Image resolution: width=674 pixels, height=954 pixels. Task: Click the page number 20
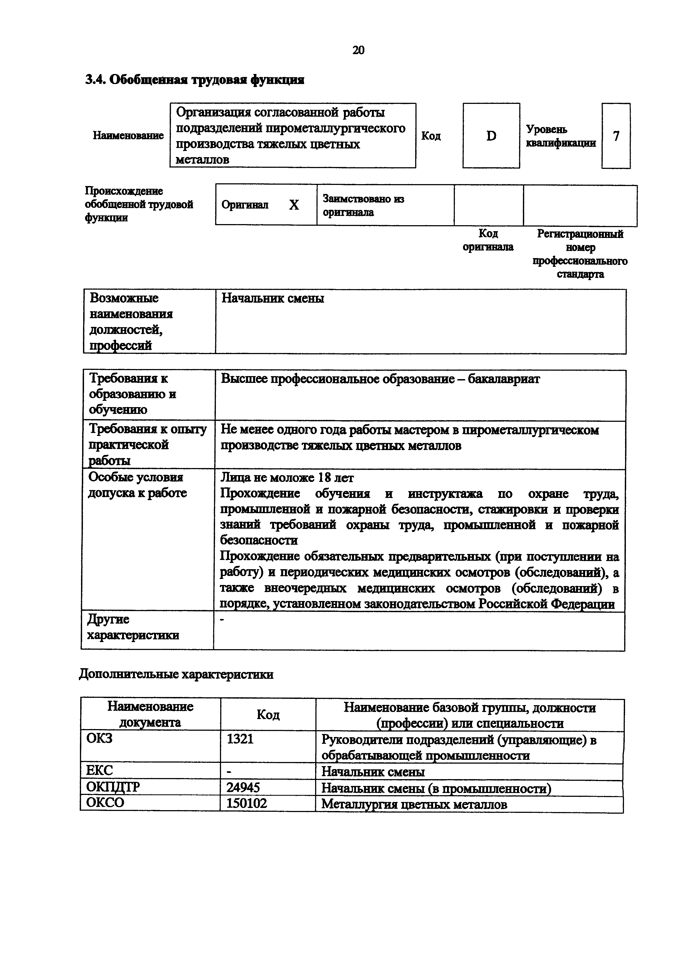pyautogui.click(x=358, y=50)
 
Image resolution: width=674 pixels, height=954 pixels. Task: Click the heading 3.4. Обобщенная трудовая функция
pyautogui.click(x=194, y=80)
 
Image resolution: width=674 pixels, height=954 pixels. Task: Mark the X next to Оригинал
pyautogui.click(x=294, y=205)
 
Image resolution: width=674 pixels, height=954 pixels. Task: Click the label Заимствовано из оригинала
pyautogui.click(x=363, y=205)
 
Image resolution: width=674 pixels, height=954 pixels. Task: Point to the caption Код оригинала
pyautogui.click(x=488, y=240)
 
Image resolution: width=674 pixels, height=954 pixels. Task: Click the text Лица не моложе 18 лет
pyautogui.click(x=287, y=478)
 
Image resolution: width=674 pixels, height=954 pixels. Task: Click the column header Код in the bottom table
pyautogui.click(x=268, y=715)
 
